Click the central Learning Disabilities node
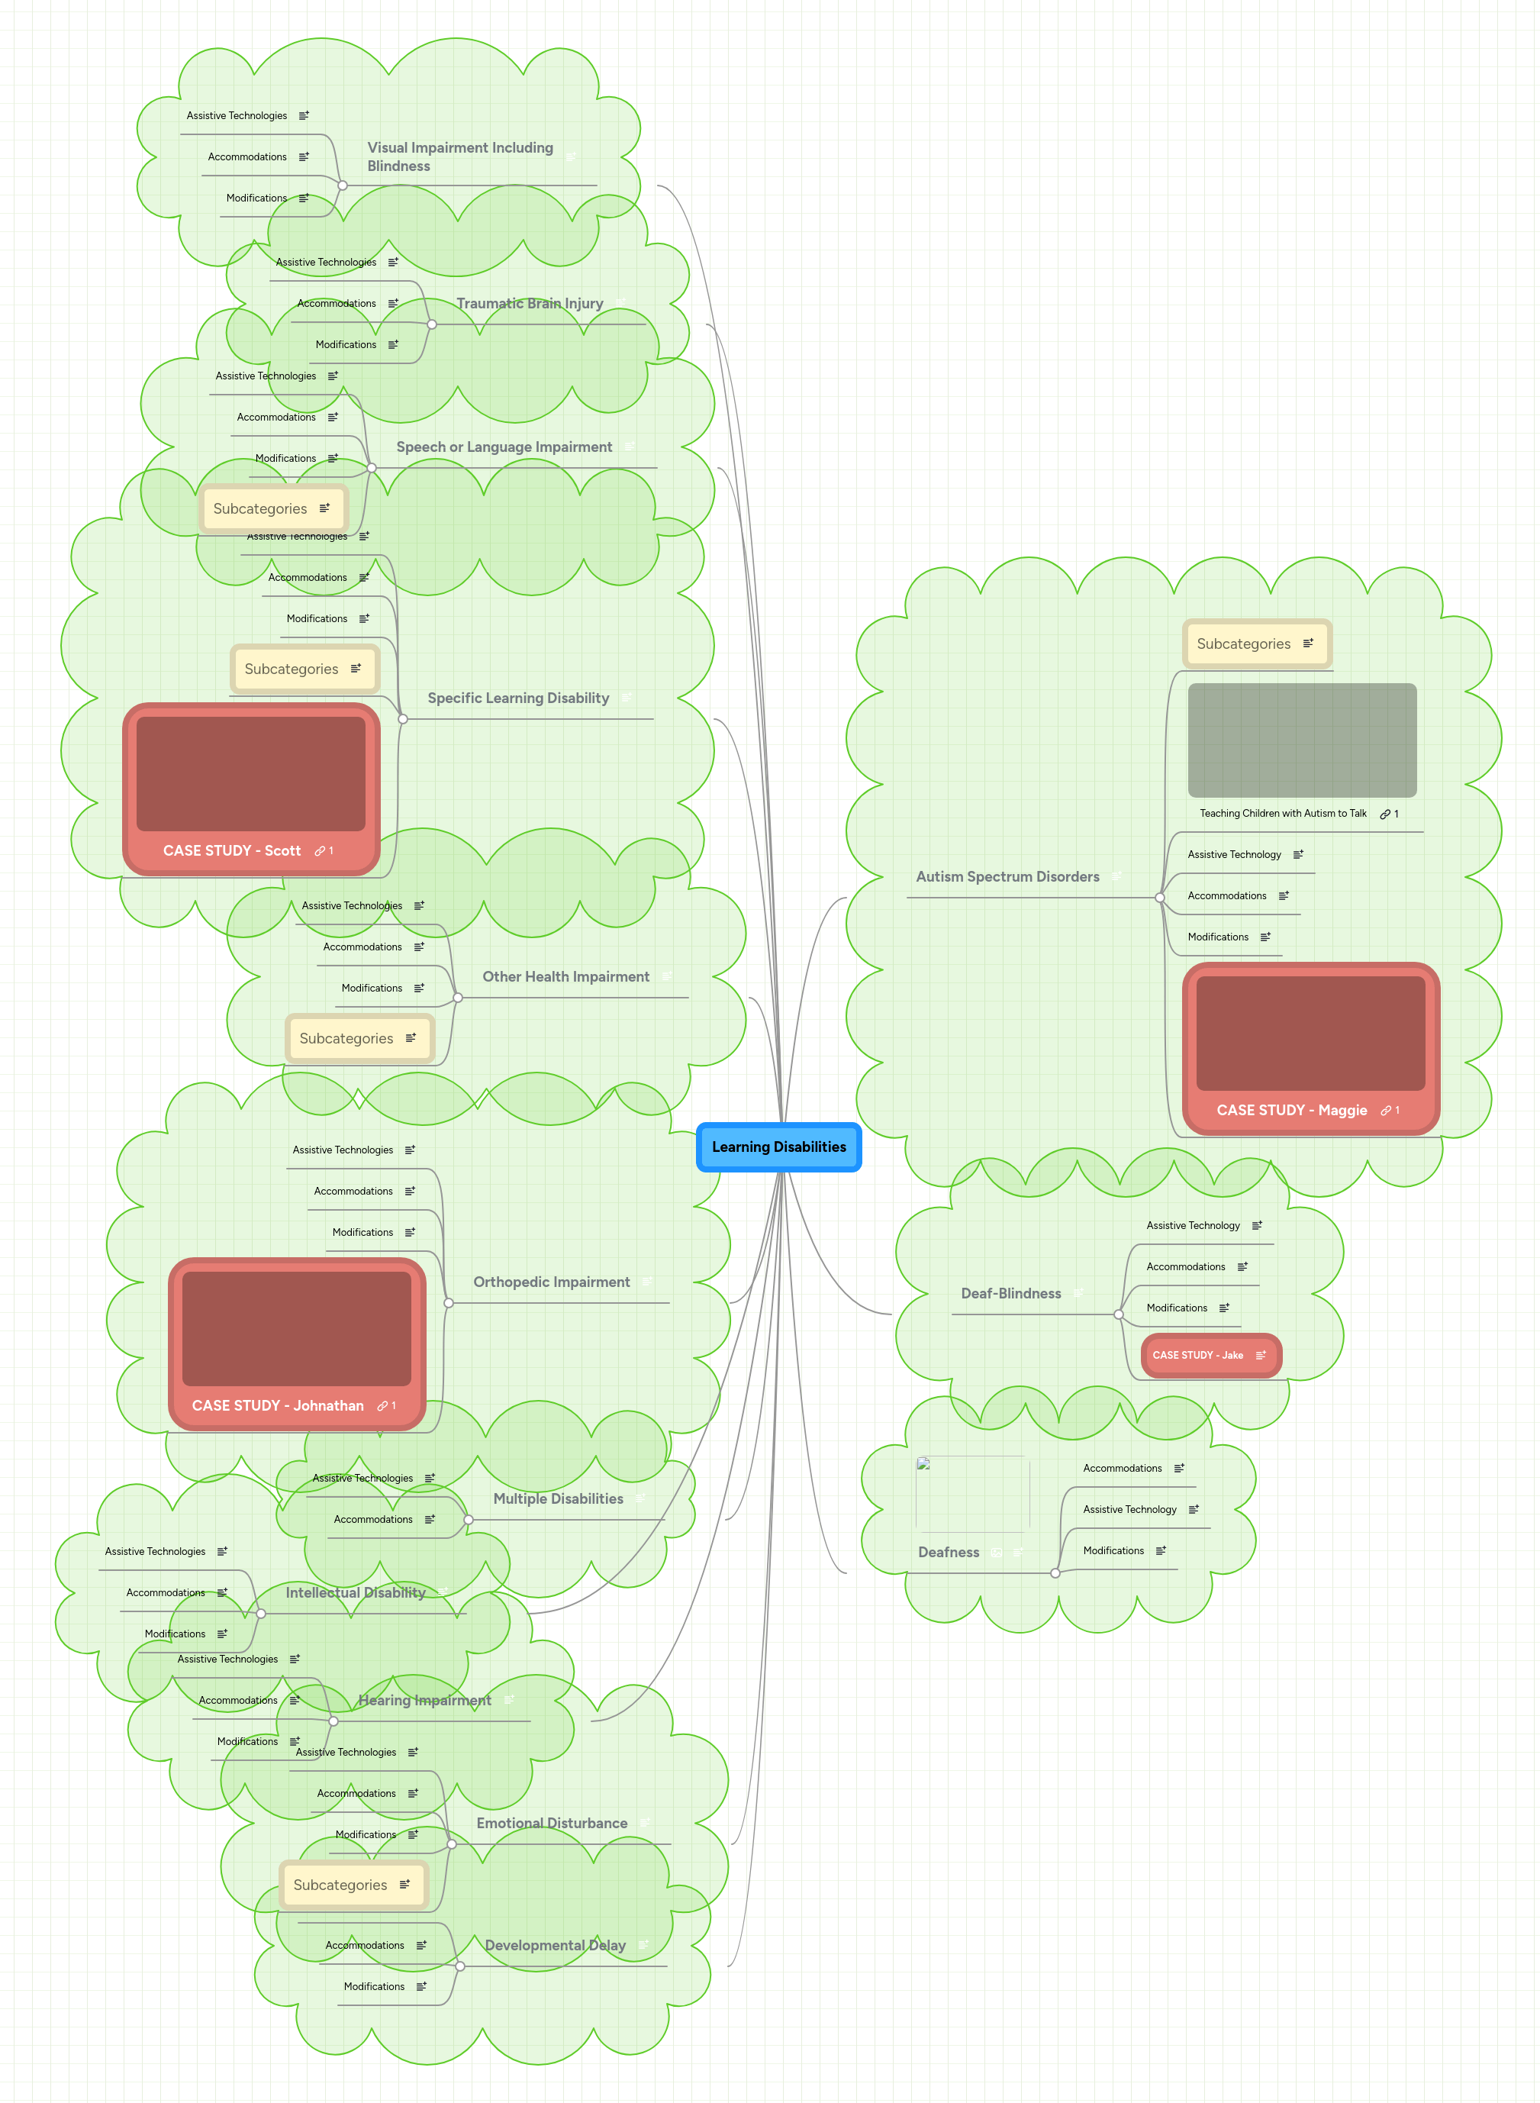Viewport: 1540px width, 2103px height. (778, 1147)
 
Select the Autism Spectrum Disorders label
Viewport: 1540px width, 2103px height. (1007, 876)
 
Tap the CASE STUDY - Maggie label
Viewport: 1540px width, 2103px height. (1291, 1110)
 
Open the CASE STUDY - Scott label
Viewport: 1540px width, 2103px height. (231, 850)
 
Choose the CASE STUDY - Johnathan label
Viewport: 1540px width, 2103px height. (277, 1405)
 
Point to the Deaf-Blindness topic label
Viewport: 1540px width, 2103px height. (1010, 1293)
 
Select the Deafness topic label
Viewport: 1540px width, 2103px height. (948, 1552)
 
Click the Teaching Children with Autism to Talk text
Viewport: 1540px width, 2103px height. (1283, 813)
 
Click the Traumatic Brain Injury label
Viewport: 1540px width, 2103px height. (530, 303)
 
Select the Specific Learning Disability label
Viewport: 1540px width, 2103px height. (517, 697)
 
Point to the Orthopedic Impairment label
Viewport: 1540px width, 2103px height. (551, 1282)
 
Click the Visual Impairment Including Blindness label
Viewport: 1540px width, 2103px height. (459, 156)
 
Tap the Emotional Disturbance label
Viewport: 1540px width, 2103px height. (551, 1822)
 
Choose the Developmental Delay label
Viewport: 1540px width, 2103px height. (555, 1944)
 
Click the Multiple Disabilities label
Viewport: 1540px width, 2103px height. (557, 1498)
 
